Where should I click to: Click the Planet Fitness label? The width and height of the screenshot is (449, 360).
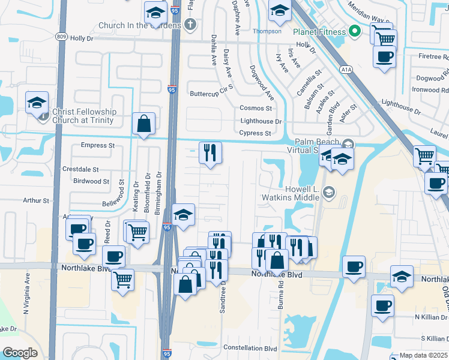319,32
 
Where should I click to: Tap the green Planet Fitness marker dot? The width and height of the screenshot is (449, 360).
355,31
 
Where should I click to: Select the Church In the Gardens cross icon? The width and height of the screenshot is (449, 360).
190,25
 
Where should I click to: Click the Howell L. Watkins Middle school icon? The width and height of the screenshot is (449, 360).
328,193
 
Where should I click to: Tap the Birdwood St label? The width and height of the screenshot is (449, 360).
91,181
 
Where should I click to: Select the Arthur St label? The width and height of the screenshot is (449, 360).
36,200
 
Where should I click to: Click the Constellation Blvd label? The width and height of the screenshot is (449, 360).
250,348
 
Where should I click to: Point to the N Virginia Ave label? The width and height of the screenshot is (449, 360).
26,295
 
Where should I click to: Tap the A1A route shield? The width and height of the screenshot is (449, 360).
346,70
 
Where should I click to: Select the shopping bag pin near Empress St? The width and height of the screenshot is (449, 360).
144,124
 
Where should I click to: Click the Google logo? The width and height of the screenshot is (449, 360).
20,353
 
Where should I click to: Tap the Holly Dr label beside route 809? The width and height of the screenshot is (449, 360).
82,38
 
